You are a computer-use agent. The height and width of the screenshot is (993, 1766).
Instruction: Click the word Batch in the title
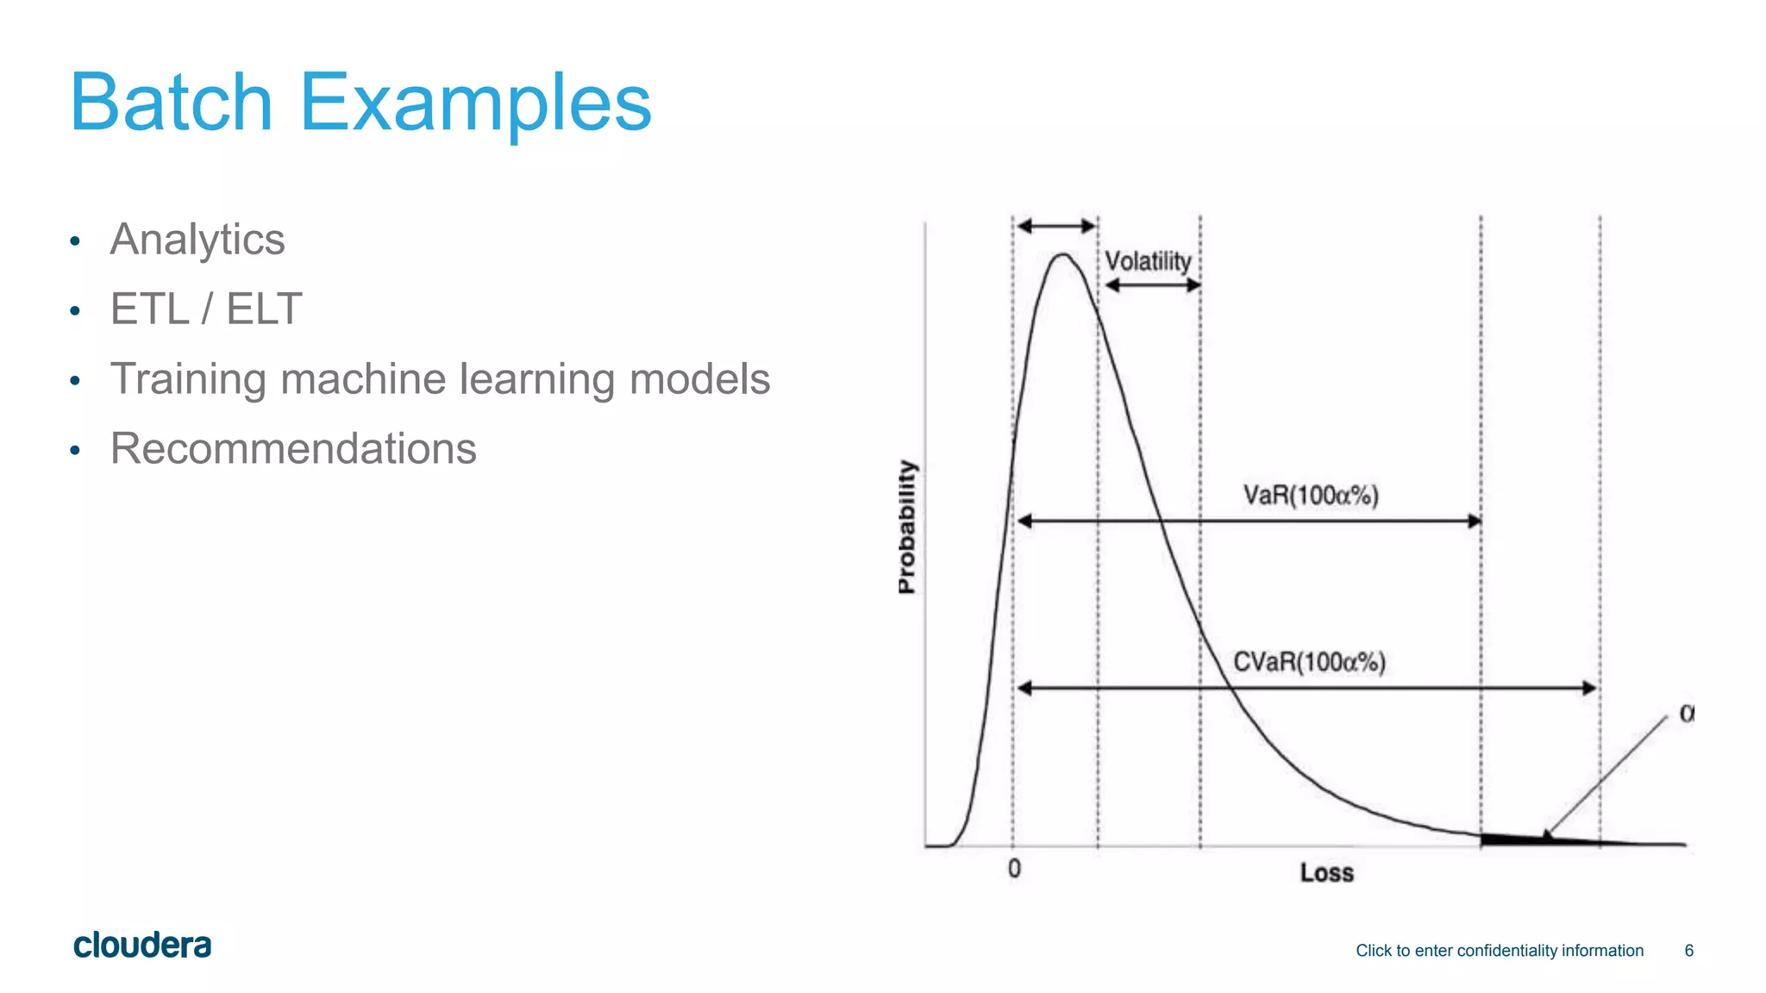pos(171,103)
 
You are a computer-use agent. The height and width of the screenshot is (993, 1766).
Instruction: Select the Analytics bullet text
pos(197,240)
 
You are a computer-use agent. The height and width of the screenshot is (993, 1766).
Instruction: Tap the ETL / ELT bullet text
pos(206,309)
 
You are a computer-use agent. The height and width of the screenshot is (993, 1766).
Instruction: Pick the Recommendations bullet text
pos(293,448)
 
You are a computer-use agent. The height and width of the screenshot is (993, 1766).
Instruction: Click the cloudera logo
pos(142,946)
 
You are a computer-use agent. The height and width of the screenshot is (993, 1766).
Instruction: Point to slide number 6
pos(1688,950)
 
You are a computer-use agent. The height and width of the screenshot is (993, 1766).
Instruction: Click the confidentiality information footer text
pos(1499,950)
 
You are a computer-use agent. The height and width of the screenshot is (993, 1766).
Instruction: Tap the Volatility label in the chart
pos(1148,261)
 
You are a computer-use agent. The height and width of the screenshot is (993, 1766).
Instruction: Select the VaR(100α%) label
pos(1311,496)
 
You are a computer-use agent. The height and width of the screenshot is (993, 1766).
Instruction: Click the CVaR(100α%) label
pos(1309,662)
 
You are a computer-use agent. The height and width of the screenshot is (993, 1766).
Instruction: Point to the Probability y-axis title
pos(906,526)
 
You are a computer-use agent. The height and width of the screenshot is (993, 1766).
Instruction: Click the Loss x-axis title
pos(1326,873)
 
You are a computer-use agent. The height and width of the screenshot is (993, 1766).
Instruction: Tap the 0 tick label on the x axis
pos(1014,869)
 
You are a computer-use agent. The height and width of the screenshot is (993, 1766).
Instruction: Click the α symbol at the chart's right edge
pos(1687,714)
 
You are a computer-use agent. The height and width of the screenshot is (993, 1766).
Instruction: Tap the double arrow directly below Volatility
pos(1153,285)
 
